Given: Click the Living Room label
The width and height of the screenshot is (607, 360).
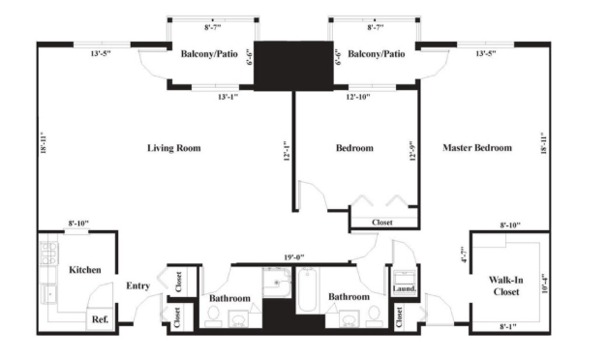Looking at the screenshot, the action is tap(174, 148).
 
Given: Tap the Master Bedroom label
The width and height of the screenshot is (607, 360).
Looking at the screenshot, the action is tap(477, 147).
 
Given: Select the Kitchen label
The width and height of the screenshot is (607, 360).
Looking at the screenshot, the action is tap(85, 270).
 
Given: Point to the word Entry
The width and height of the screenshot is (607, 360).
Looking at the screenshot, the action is tap(137, 285).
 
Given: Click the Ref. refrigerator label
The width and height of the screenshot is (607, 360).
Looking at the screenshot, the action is tap(100, 319).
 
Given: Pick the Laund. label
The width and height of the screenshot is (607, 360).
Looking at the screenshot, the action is tap(404, 288).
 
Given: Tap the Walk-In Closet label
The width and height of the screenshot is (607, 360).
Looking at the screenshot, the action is tap(506, 285).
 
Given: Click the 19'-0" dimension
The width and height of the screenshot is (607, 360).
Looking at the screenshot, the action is tap(294, 257).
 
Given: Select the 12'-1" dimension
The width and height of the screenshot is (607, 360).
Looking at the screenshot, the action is tap(287, 150).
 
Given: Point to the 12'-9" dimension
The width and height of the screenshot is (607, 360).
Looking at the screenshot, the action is tap(413, 150).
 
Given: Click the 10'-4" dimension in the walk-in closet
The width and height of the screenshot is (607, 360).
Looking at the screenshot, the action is tap(545, 283).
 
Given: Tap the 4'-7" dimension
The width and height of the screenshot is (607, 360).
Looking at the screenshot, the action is tap(465, 255).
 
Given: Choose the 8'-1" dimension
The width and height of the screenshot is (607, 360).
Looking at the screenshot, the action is tap(508, 327).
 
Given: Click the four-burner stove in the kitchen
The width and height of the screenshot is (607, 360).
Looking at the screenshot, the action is tap(49, 254).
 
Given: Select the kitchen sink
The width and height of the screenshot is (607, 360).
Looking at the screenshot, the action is tap(49, 294).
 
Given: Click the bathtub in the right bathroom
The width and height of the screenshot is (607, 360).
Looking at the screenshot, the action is tap(307, 289).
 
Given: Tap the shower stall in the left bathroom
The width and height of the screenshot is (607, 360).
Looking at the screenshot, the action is tap(277, 283).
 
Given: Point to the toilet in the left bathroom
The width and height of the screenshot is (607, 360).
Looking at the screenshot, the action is tap(213, 315).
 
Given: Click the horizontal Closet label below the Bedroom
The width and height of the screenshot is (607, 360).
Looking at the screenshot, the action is tap(382, 223).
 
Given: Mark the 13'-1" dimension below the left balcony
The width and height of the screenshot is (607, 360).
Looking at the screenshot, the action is tap(228, 97).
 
